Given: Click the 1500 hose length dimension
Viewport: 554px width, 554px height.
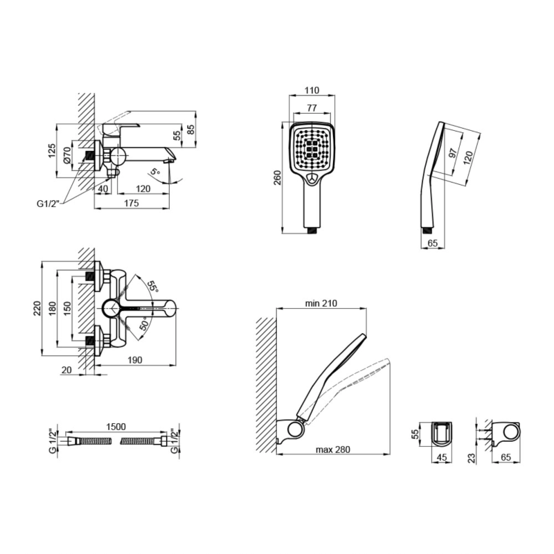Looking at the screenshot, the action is [116, 427].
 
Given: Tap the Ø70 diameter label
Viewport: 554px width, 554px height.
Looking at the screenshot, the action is [67, 155].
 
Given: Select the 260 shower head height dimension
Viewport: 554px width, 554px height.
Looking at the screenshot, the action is [278, 178].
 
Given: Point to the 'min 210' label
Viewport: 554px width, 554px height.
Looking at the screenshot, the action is [321, 303].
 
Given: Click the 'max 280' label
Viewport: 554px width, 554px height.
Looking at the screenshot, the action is [333, 449].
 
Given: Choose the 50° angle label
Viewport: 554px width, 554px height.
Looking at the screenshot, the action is [144, 323].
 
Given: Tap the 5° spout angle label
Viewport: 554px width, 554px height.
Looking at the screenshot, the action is [154, 172].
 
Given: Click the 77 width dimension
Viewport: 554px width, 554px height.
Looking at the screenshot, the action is [312, 108].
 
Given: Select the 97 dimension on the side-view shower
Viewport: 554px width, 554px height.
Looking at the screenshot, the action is [453, 154].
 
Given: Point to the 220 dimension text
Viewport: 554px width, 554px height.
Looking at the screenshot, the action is [37, 308].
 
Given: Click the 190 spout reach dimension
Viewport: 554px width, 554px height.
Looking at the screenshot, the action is [135, 360].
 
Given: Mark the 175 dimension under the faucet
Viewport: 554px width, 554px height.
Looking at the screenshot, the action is [132, 203].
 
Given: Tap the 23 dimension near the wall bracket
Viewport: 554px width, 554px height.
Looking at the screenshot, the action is [472, 458].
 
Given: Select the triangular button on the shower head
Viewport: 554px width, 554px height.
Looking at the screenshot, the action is [312, 179].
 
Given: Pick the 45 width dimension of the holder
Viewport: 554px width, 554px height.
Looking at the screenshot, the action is [442, 457].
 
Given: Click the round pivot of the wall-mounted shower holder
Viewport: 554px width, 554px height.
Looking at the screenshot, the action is [295, 429].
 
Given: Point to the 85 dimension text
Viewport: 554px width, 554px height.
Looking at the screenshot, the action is [190, 129].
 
